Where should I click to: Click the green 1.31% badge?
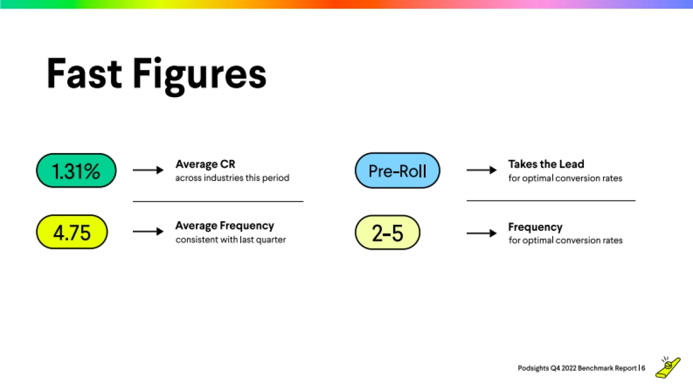(x=76, y=170)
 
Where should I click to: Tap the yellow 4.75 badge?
(x=72, y=232)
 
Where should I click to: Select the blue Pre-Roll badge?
(x=397, y=170)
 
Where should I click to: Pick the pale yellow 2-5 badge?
(x=388, y=232)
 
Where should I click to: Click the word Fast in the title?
(x=84, y=74)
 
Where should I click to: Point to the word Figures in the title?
(x=200, y=76)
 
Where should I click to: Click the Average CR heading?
(x=206, y=164)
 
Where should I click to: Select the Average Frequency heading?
(x=225, y=226)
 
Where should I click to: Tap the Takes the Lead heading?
(x=546, y=164)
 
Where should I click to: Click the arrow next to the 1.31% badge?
(x=148, y=170)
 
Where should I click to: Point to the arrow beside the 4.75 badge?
(x=148, y=232)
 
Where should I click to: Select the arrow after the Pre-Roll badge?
(x=482, y=170)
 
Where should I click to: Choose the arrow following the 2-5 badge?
(x=482, y=233)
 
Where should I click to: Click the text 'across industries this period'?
(x=232, y=178)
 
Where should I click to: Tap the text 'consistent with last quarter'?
(x=231, y=240)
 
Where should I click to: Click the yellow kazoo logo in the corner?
(x=668, y=368)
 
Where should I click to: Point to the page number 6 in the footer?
(x=643, y=368)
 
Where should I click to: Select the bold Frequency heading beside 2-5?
(x=535, y=227)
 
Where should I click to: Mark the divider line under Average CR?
(x=218, y=202)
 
